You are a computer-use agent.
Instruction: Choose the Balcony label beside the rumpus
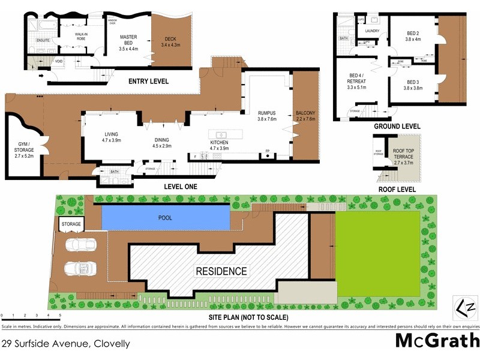point(305,116)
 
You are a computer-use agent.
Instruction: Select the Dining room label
point(162,142)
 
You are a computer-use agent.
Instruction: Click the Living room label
point(112,137)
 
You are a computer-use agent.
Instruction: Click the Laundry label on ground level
point(372,31)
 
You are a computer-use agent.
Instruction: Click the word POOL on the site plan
point(164,218)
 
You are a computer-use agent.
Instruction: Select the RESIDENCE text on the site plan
point(221,271)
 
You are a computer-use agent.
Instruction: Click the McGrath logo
point(436,341)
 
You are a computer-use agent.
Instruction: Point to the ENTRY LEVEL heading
point(149,81)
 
